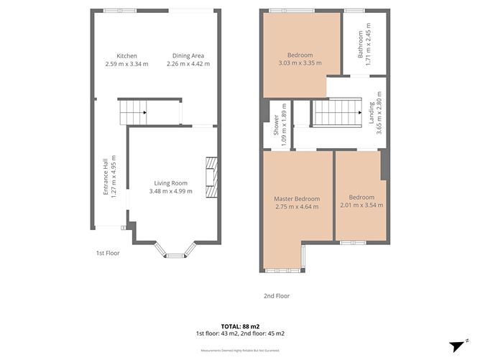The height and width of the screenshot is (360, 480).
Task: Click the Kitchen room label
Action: click(x=126, y=56)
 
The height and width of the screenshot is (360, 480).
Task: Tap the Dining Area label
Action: click(x=188, y=56)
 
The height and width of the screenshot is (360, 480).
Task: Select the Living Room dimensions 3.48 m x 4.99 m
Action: click(x=170, y=191)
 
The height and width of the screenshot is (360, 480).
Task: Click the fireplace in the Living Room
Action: click(x=209, y=176)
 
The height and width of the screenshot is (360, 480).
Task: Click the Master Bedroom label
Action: click(x=297, y=198)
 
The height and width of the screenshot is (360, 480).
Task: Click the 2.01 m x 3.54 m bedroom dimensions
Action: click(x=361, y=206)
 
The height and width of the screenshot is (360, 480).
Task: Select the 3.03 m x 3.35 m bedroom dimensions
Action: click(x=300, y=63)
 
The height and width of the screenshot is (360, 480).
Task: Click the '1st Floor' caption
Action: click(x=108, y=253)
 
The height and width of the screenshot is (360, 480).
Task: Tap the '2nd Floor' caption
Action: click(x=277, y=295)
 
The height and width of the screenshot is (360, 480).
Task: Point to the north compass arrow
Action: click(x=456, y=346)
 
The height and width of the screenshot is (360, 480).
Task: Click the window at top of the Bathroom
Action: click(x=353, y=11)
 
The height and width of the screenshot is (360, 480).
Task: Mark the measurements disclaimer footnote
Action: click(x=239, y=351)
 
